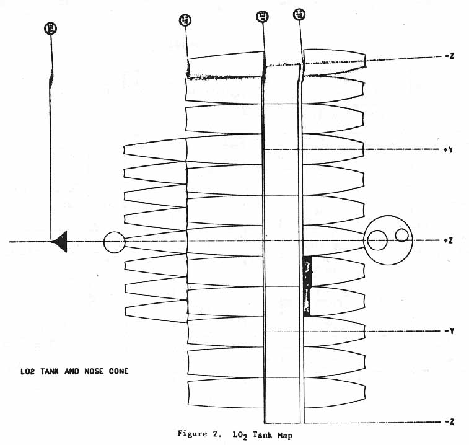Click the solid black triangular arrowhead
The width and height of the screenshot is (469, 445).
tap(60, 241)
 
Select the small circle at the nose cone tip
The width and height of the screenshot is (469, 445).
tap(114, 242)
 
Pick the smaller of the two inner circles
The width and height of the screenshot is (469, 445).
tap(402, 234)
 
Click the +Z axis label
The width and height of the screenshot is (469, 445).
tap(450, 240)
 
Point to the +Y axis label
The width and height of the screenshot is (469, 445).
tap(450, 149)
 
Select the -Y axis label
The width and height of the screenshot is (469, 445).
tap(450, 332)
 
